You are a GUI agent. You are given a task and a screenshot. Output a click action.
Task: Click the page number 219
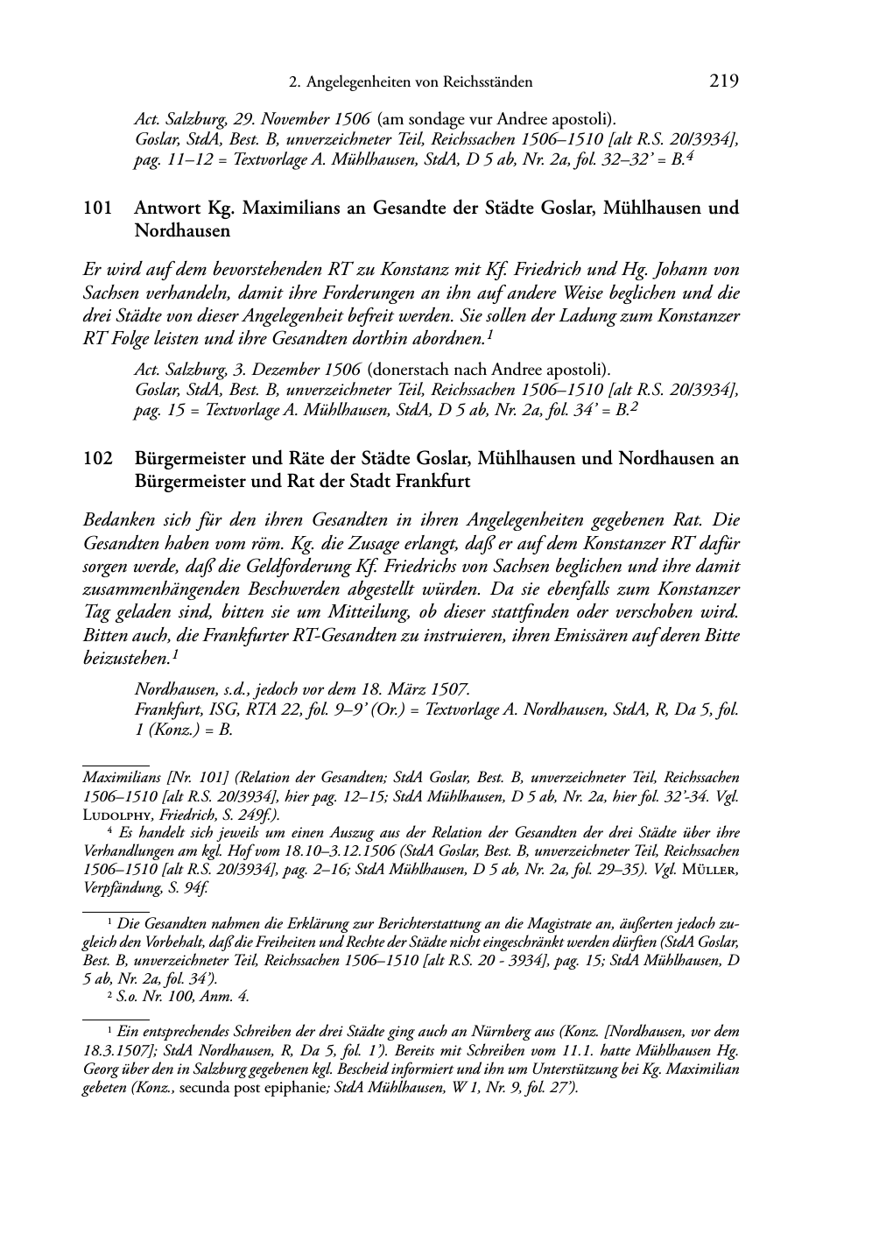(x=724, y=81)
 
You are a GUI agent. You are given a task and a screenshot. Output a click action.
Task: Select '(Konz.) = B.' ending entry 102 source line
(x=183, y=728)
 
